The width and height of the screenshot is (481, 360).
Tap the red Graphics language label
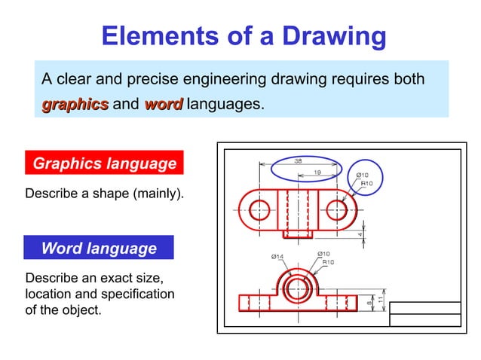[x=105, y=163]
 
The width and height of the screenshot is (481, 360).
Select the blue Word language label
[x=99, y=248]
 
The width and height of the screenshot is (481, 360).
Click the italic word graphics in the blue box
[x=75, y=105]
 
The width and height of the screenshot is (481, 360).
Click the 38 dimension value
[x=299, y=160]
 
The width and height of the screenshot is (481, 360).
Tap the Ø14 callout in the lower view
[x=277, y=257]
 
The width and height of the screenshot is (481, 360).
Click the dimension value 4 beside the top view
[x=361, y=234]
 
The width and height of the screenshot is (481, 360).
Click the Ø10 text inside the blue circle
[x=363, y=175]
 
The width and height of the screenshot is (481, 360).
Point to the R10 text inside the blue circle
[x=366, y=183]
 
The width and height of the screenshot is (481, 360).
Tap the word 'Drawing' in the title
[x=329, y=35]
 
